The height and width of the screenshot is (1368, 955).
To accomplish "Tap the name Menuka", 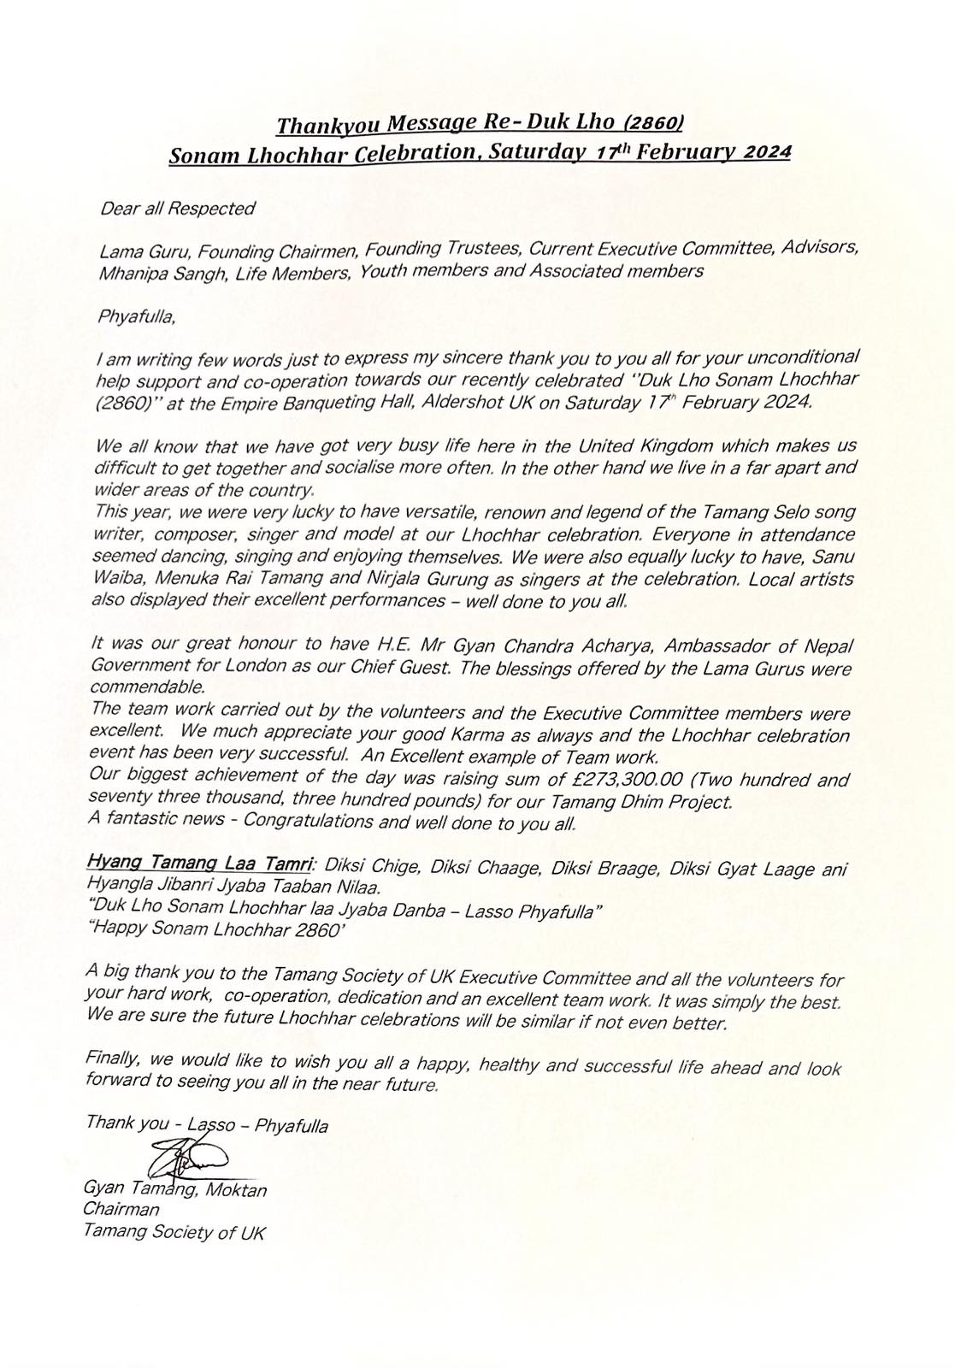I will [178, 580].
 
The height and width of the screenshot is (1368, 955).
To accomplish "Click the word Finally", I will [113, 1058].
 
